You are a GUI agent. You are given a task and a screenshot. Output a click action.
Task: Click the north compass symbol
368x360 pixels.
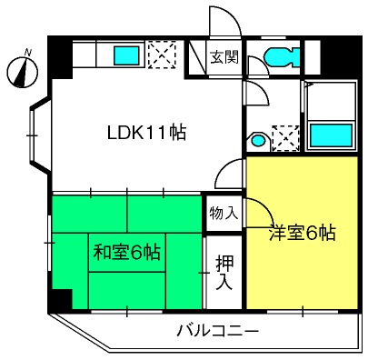pos(23,72)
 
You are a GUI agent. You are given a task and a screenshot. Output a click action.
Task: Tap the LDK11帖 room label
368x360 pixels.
pos(147,133)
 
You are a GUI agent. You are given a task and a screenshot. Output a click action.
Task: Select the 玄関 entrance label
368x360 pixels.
pos(224,56)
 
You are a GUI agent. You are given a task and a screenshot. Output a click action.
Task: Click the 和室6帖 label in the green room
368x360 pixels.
pos(126,252)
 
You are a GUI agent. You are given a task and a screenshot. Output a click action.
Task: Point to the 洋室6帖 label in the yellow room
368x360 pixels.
pos(303,233)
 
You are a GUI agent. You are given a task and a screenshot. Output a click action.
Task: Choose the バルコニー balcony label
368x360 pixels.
pos(218,331)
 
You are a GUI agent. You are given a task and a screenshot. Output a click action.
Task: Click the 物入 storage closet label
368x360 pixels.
pos(224,213)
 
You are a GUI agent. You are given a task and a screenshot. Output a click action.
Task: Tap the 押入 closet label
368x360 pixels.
pos(224,273)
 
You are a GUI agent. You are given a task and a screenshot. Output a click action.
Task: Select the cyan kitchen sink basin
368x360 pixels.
pos(126,55)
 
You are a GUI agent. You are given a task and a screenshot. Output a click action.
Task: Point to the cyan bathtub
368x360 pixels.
pos(332,135)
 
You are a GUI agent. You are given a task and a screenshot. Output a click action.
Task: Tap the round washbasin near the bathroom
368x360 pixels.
pos(258,141)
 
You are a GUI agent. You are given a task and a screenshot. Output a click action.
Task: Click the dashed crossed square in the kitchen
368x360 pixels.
pos(162,55)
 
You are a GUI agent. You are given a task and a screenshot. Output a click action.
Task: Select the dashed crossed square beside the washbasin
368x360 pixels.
pos(286,138)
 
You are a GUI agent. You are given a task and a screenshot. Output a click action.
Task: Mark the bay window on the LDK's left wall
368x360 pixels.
pos(40,135)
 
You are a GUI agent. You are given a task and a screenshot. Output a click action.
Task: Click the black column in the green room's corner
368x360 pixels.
pos(63,299)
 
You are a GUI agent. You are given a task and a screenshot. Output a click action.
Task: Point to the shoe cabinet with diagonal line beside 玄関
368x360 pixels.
pos(197,56)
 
